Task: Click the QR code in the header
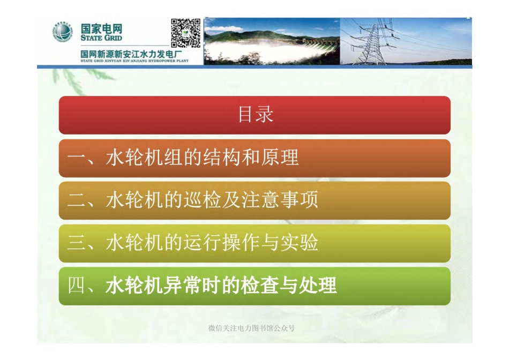(x=185, y=33)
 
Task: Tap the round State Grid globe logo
(x=62, y=33)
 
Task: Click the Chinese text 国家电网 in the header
(x=101, y=28)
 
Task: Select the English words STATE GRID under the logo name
(x=101, y=38)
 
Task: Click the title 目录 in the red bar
(x=255, y=115)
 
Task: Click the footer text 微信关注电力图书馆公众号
(x=251, y=328)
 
